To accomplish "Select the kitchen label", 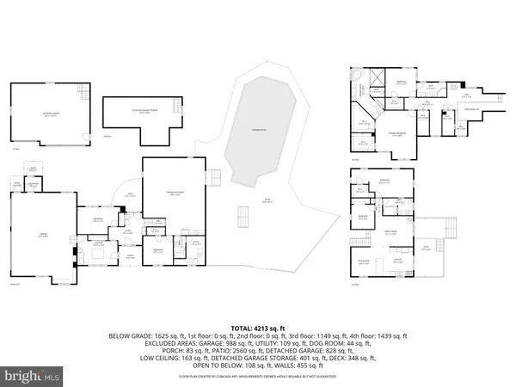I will point(398,259).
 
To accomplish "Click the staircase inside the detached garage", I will point(82,90).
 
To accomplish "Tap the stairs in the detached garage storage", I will point(176,104).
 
